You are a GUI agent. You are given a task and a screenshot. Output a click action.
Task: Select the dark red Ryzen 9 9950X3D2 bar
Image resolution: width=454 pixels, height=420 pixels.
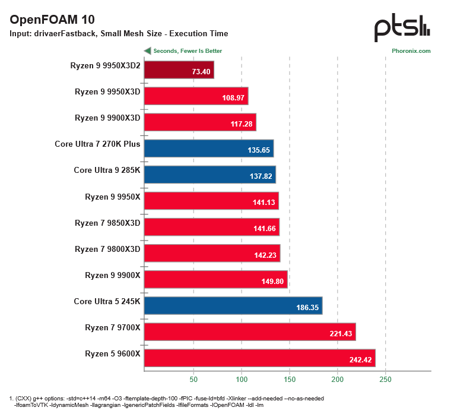coord(179,70)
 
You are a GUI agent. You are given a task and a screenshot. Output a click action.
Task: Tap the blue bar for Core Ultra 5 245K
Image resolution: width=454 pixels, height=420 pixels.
coord(233,305)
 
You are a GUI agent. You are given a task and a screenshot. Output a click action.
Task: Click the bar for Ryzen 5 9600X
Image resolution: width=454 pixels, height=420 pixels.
coord(259,358)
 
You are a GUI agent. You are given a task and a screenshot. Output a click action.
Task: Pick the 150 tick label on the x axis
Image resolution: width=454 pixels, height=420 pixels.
coord(289,379)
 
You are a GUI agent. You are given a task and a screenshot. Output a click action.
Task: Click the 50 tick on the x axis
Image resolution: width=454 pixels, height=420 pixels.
coord(193,379)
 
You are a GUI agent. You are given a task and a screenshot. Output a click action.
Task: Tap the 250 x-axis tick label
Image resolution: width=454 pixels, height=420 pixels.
coord(386,379)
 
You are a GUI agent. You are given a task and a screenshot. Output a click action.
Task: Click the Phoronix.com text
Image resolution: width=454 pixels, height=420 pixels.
coord(411,51)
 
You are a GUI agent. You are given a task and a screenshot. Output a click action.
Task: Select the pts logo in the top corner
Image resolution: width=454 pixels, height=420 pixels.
coord(402,28)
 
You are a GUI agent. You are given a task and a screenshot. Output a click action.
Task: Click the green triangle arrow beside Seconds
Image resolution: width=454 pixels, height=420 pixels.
coord(147,51)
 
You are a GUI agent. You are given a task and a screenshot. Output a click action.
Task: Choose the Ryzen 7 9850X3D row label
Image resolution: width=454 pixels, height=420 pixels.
coord(107,223)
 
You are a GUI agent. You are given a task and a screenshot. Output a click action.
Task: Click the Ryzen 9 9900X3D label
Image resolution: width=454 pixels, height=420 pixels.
coord(107,118)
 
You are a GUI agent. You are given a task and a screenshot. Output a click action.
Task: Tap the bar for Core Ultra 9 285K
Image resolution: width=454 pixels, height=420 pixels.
coord(209,175)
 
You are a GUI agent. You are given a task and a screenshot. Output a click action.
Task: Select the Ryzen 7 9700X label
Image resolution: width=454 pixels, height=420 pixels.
coord(112,327)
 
